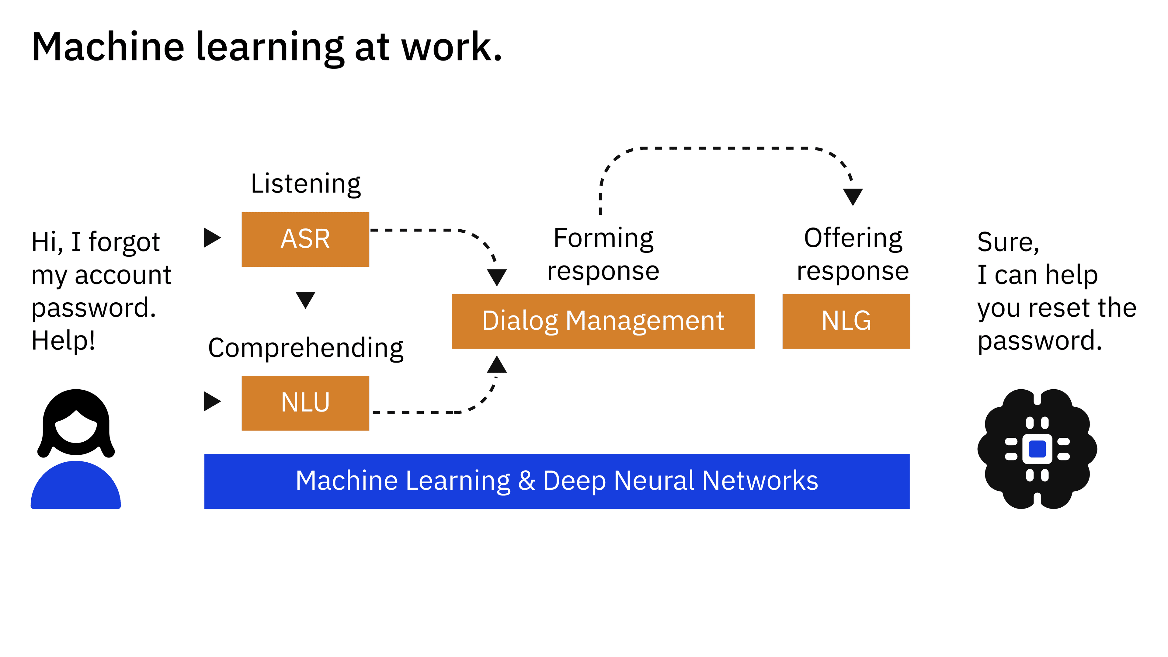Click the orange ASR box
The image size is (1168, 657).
click(x=305, y=239)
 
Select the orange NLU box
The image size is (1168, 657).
click(x=305, y=403)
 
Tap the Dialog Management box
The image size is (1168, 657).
click(x=603, y=321)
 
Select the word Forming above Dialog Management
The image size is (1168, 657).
click(x=603, y=238)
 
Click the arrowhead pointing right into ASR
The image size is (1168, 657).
click(x=211, y=238)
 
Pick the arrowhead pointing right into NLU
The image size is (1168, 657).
click(x=211, y=401)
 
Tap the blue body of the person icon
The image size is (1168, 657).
click(x=76, y=487)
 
